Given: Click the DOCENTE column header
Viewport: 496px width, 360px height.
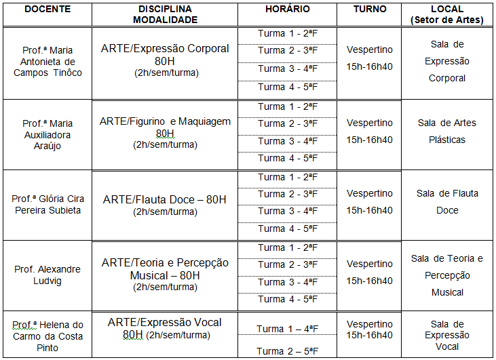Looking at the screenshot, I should [47, 9].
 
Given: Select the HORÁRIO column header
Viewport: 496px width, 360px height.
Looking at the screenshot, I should [288, 9].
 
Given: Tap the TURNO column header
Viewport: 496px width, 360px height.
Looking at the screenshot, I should [370, 9].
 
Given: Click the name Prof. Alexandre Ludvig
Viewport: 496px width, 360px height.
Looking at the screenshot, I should [47, 275].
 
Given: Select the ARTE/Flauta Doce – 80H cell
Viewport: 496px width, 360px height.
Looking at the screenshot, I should [166, 205].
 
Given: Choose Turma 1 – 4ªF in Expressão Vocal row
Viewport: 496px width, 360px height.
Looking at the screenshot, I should [288, 329].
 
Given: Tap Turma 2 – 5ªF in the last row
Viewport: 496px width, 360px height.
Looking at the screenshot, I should [288, 351].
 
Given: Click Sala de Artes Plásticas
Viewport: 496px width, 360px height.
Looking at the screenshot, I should [447, 131].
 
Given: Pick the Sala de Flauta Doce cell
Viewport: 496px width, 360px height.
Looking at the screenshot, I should [447, 201].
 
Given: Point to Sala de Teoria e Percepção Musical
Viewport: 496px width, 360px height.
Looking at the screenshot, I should [447, 275].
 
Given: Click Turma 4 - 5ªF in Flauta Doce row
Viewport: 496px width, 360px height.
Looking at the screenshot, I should [288, 228].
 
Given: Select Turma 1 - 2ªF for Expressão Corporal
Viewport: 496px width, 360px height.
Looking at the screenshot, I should [288, 34].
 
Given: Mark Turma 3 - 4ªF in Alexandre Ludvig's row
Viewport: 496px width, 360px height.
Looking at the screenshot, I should [288, 282].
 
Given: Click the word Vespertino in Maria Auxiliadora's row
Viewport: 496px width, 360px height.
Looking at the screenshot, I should [370, 123].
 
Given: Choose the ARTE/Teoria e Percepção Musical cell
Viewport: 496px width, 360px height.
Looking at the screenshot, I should [166, 275].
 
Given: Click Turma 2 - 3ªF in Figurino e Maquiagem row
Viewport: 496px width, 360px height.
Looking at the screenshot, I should [288, 123].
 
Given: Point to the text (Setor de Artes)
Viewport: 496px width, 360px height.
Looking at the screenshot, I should [447, 20].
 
